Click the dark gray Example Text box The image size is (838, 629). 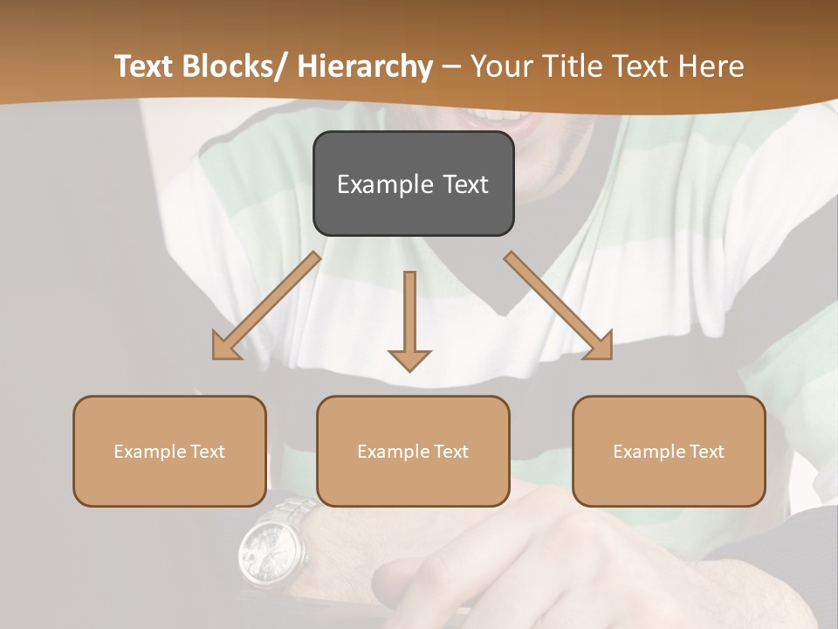(x=413, y=183)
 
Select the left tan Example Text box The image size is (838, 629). (x=169, y=451)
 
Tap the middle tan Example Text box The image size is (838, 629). (x=413, y=451)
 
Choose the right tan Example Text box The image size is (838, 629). (x=669, y=451)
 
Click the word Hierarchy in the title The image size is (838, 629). (x=365, y=66)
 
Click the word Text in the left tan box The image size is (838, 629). (x=209, y=452)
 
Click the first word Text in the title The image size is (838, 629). (x=143, y=66)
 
